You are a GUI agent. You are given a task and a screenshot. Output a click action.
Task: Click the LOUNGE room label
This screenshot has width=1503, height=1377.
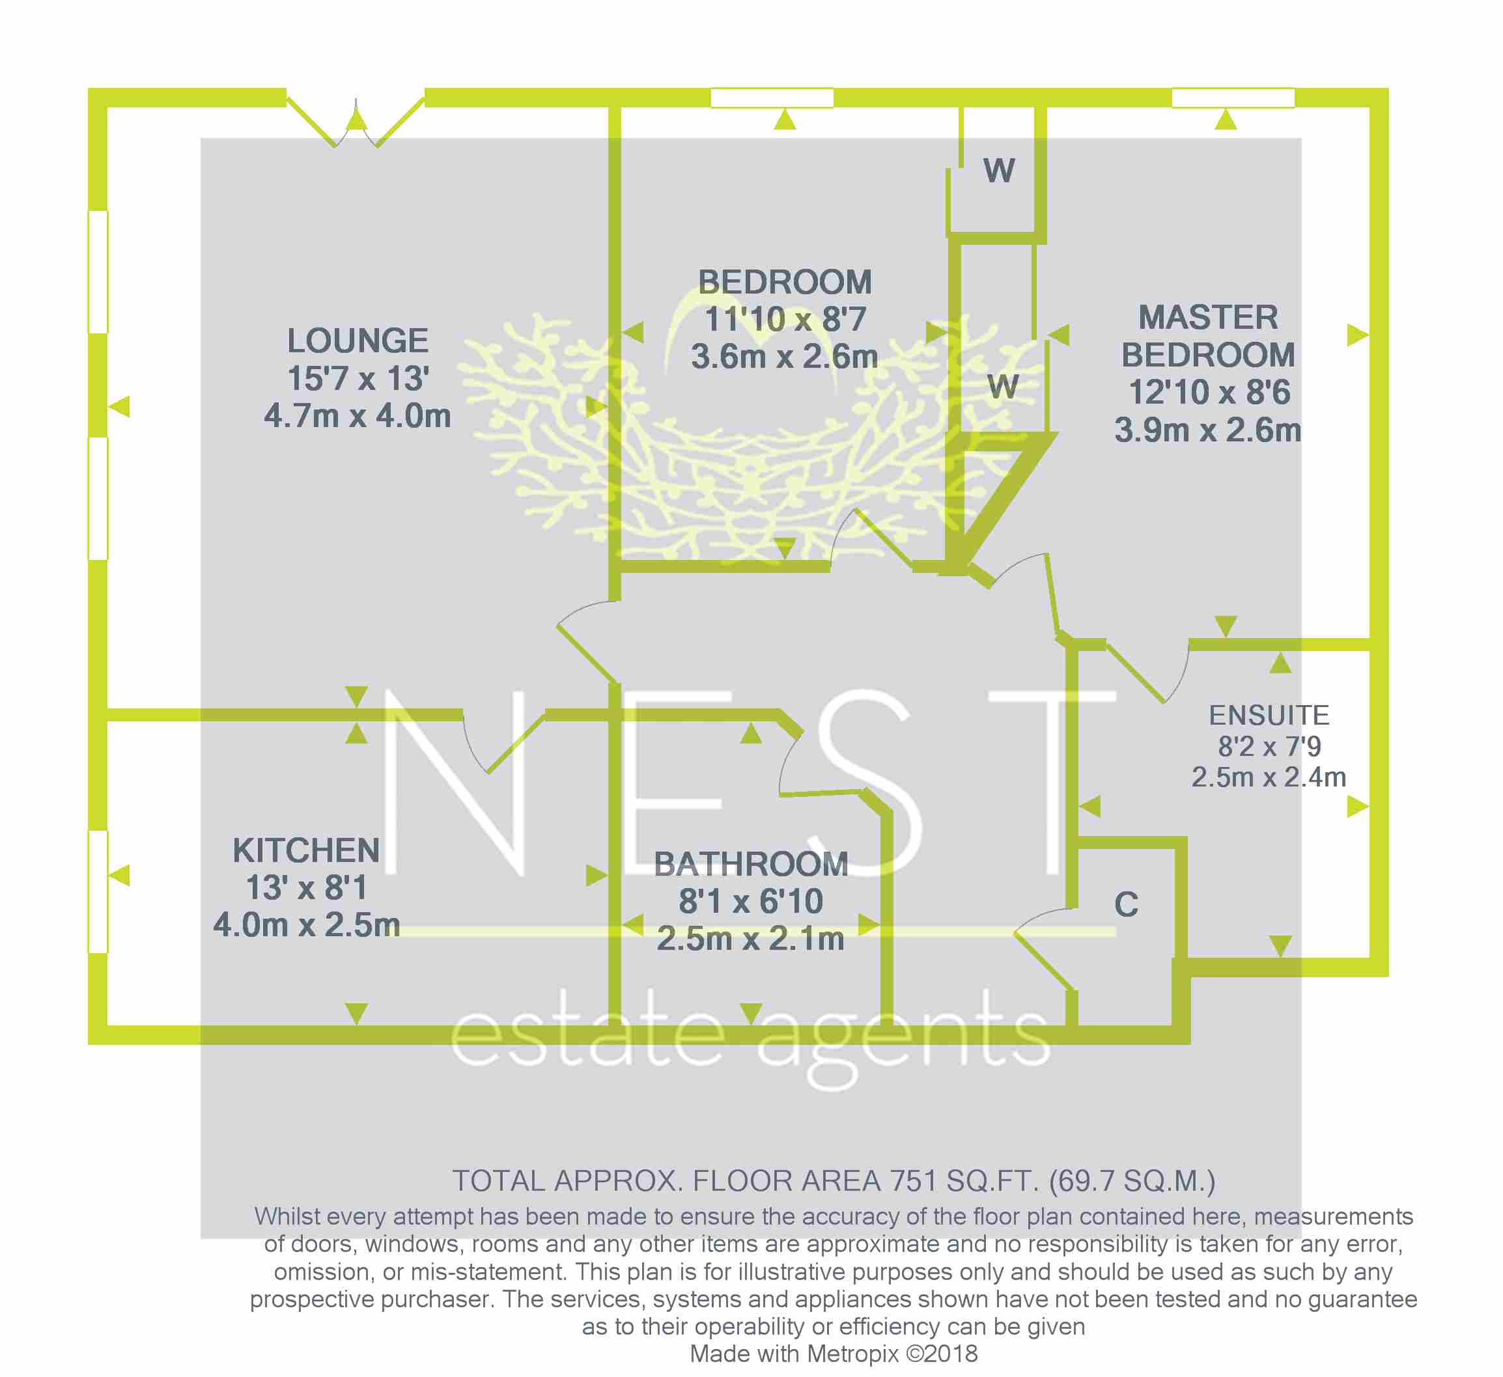(358, 341)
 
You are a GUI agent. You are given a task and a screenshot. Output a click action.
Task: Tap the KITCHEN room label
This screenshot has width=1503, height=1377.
(307, 851)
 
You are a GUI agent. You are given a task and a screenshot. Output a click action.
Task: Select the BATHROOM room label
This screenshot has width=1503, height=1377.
(751, 865)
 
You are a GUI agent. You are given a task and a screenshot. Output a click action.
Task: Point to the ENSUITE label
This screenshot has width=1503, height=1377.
(1269, 716)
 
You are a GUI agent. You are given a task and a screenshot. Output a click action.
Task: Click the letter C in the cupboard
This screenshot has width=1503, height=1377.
(1127, 905)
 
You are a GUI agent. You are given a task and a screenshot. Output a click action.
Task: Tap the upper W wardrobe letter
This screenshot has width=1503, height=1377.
(999, 171)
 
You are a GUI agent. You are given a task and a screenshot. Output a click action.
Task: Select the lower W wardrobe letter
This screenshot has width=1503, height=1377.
(1003, 387)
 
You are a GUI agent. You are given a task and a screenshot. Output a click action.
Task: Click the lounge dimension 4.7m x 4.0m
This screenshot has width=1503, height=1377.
(358, 416)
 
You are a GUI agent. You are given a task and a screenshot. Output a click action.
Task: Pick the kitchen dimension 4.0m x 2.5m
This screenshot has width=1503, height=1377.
(307, 925)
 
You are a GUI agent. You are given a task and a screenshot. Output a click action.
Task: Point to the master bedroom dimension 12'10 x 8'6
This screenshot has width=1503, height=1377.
(1209, 393)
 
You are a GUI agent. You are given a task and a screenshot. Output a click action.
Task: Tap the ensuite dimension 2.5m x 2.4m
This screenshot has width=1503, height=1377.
(1269, 777)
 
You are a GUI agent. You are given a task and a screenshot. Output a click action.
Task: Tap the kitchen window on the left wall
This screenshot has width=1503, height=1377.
(98, 892)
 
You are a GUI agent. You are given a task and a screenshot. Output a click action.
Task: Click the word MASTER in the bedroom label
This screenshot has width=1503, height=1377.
(1209, 318)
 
